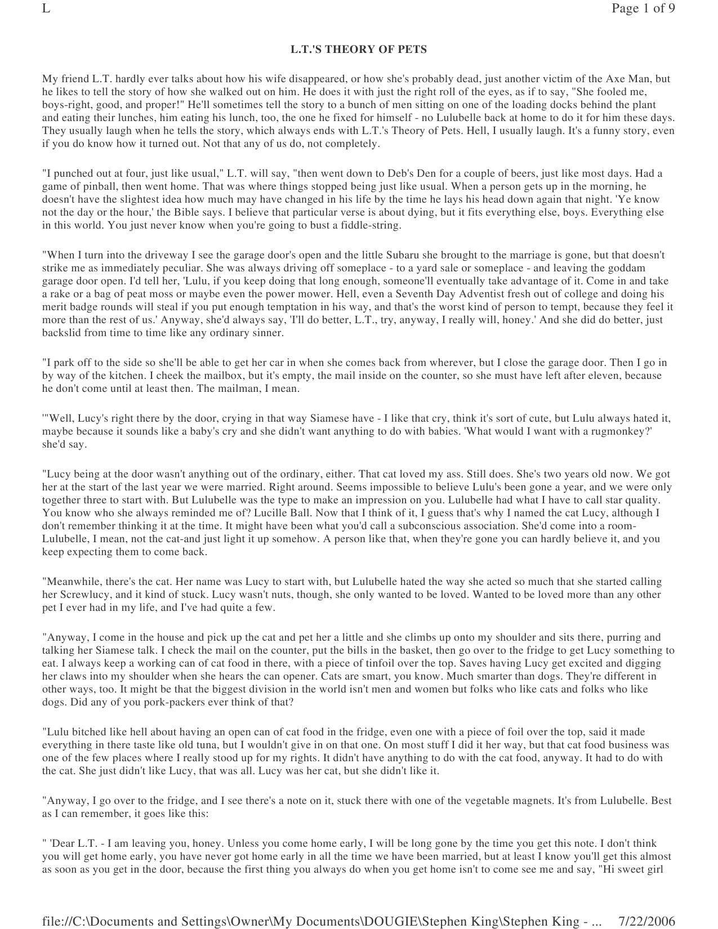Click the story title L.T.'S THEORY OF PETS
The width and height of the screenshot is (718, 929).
tap(359, 50)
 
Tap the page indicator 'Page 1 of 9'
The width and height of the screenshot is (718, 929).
tap(643, 8)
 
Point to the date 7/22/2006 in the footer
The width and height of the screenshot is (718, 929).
tap(646, 921)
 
